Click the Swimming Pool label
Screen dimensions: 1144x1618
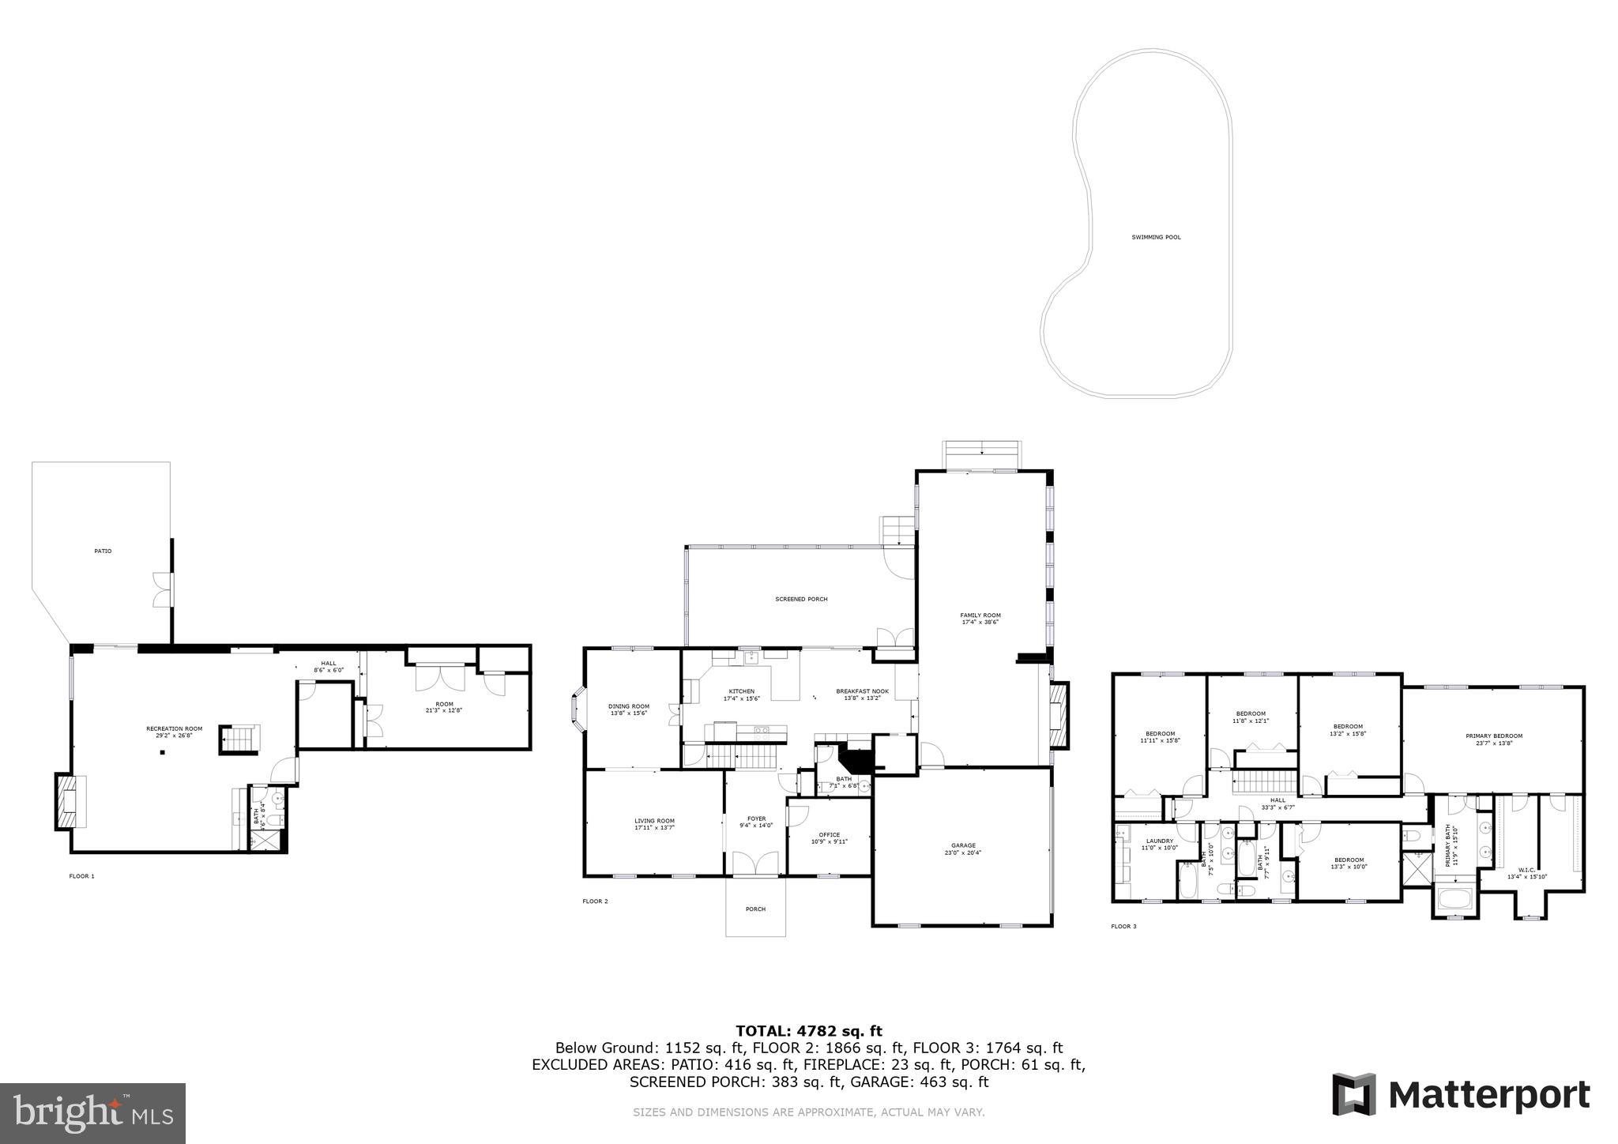coord(1156,237)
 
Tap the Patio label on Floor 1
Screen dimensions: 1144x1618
coord(103,551)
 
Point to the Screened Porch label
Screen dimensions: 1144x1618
coord(801,599)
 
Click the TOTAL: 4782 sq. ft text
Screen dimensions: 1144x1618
coord(808,1030)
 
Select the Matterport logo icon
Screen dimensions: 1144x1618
coord(1354,1094)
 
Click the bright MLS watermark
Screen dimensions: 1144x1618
coord(92,1113)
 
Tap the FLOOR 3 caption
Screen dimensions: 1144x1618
coord(1123,926)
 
